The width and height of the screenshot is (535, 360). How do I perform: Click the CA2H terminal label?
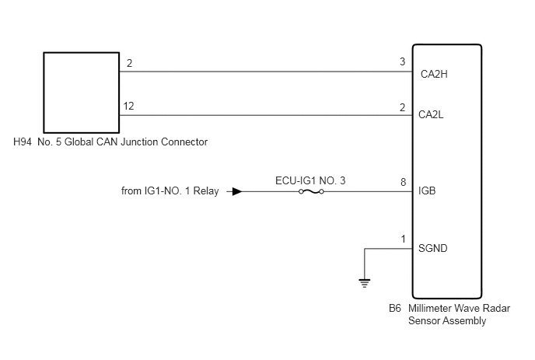[x=434, y=74]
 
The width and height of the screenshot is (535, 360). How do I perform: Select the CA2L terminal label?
[x=431, y=114]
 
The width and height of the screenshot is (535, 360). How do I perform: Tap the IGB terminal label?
[x=427, y=190]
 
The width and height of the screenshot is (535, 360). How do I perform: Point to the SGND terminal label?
[x=432, y=248]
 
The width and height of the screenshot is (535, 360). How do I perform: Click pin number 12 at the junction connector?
[x=128, y=106]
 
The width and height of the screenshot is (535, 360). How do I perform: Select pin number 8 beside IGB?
[x=404, y=182]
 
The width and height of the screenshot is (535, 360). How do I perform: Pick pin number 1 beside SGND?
[x=404, y=239]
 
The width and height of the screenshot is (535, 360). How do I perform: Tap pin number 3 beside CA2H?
[x=403, y=61]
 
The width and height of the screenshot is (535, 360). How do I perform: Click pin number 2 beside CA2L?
[x=403, y=107]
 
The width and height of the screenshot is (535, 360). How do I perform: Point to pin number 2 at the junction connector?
[x=129, y=63]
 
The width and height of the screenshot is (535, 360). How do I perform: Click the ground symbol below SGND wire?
[x=365, y=283]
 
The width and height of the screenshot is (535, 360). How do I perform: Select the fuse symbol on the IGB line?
[x=311, y=192]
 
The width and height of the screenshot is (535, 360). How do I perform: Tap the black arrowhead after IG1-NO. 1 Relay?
[x=237, y=191]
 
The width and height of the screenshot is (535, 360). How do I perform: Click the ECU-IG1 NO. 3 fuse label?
[x=310, y=180]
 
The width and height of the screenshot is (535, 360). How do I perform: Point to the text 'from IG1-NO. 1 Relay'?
[x=170, y=190]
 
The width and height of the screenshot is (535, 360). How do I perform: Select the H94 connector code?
[x=23, y=142]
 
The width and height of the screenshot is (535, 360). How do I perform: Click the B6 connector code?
[x=395, y=308]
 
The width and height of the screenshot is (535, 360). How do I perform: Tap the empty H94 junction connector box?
[x=81, y=93]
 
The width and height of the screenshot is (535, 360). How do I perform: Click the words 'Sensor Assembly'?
[x=447, y=321]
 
